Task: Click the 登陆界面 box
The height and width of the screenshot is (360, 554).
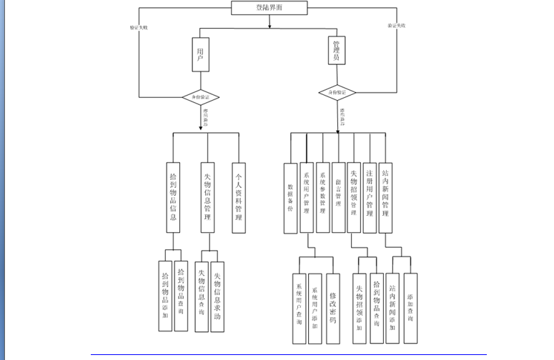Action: tap(269, 9)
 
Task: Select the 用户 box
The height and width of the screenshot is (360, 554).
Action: tap(200, 55)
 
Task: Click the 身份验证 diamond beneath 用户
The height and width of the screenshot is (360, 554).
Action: tap(200, 96)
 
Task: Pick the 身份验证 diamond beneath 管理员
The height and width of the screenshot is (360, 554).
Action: tap(337, 93)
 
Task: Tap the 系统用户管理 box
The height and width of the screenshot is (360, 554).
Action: tap(307, 194)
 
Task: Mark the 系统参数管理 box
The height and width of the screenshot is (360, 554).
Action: tap(322, 194)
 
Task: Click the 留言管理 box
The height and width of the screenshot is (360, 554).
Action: tap(338, 194)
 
